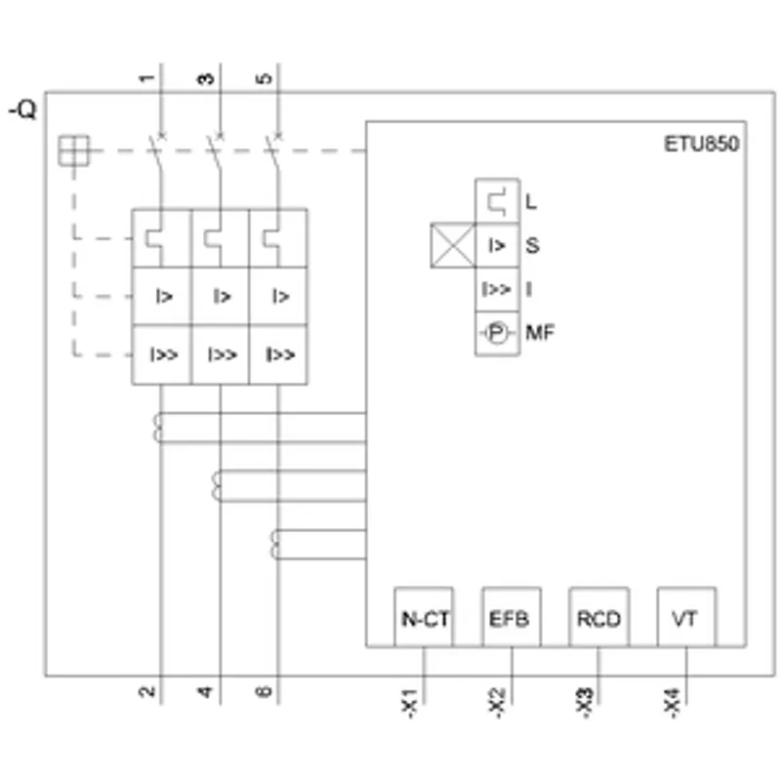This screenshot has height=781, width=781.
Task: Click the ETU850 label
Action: point(701,144)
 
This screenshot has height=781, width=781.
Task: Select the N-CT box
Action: point(424,617)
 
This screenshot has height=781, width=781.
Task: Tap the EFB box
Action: point(512,617)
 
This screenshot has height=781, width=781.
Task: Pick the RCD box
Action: point(598,617)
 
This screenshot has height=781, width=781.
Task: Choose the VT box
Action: point(686,617)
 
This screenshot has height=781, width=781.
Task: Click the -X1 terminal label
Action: point(409,703)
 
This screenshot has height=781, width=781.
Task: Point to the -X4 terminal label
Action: point(672,703)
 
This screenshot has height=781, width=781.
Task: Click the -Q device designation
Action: point(22,109)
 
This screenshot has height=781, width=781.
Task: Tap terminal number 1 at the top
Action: point(146,78)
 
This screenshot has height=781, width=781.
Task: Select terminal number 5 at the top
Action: point(264,78)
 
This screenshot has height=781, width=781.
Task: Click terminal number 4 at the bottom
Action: point(205,691)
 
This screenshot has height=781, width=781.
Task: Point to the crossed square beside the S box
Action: point(453,245)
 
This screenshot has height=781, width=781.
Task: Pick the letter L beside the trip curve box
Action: point(531,202)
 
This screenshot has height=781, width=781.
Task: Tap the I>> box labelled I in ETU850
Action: point(497,289)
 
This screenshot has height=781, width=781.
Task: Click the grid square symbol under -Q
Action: point(74,150)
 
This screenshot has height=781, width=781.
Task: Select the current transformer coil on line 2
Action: point(157,428)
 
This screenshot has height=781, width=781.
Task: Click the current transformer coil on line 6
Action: point(274,545)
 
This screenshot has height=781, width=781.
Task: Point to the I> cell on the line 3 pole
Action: point(221,297)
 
